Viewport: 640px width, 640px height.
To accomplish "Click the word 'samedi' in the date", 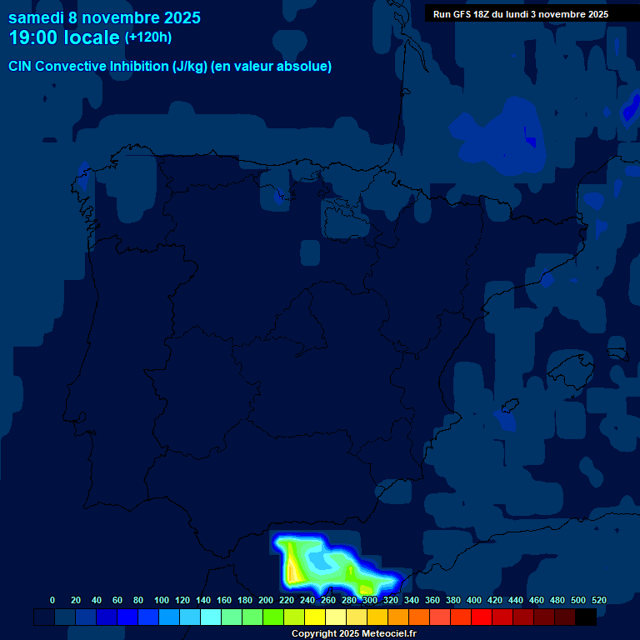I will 36,17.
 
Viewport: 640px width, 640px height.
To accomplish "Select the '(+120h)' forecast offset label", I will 148,37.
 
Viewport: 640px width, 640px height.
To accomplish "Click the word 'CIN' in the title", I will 21,67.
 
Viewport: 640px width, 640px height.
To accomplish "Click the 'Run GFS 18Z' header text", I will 462,14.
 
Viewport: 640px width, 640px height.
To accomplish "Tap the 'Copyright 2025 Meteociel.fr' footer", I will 353,634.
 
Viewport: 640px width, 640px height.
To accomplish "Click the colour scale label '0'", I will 52,600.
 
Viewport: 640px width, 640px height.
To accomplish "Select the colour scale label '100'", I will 162,600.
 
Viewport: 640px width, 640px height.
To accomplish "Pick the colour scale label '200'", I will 266,600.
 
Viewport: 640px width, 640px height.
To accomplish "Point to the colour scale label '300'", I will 370,600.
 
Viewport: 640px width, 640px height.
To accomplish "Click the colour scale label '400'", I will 474,600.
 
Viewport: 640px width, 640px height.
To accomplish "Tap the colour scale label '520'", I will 598,600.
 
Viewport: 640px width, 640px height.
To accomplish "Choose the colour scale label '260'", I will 328,600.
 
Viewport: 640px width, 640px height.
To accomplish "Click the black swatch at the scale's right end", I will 586,617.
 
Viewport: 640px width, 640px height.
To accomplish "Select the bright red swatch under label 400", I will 482,617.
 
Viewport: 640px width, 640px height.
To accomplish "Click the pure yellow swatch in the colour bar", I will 315,617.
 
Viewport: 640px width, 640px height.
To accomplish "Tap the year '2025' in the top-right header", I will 593,14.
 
